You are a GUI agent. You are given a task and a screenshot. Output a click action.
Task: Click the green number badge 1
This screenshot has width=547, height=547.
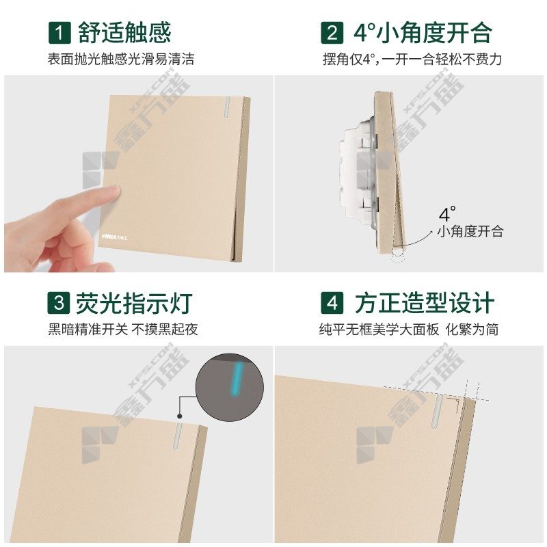pos(59,33)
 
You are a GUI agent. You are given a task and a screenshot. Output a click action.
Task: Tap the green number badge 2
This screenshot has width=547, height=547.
pos(332,33)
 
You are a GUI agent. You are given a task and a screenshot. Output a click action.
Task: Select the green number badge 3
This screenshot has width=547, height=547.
pos(59,302)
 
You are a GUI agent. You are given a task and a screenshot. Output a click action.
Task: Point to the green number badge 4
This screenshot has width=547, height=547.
pos(332,302)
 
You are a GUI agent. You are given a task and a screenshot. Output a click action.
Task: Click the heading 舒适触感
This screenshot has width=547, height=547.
pos(124,33)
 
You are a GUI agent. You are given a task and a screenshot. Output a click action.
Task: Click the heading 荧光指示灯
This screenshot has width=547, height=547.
pos(134,303)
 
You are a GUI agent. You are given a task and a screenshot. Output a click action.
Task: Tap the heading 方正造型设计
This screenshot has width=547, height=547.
pos(425,303)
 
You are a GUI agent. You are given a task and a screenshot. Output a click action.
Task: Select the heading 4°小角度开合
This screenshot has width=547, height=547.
pos(423,33)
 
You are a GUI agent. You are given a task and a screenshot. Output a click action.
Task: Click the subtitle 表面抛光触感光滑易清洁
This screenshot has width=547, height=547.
pos(121,59)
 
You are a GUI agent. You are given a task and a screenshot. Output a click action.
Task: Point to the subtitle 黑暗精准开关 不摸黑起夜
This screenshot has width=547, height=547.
pos(123,329)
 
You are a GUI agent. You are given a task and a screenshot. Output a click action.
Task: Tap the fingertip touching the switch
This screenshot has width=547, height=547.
pos(112,193)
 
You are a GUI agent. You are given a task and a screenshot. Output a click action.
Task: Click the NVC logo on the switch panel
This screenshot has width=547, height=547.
pos(115,237)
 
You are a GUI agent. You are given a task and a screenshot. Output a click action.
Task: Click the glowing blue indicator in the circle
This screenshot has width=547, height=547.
pos(237,379)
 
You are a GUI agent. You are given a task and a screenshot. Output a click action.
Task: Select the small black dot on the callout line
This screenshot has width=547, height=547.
pos(180,416)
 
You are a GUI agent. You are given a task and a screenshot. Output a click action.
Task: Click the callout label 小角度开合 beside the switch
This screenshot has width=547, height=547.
pos(470,231)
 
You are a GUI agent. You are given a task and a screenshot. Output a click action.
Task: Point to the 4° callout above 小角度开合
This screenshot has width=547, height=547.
pos(447,214)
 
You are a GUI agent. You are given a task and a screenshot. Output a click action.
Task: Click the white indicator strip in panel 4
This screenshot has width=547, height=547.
pos(436,411)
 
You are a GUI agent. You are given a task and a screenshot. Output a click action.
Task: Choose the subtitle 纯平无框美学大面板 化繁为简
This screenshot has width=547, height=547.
pos(408,329)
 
